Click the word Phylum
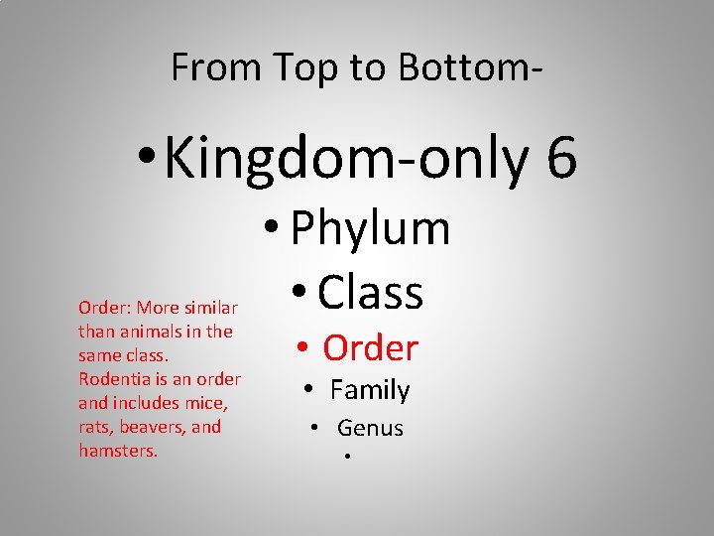371,229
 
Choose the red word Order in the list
371,348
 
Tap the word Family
370,390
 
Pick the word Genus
370,428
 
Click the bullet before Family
309,391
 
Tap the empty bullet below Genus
347,458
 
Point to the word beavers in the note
154,427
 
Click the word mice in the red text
205,403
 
